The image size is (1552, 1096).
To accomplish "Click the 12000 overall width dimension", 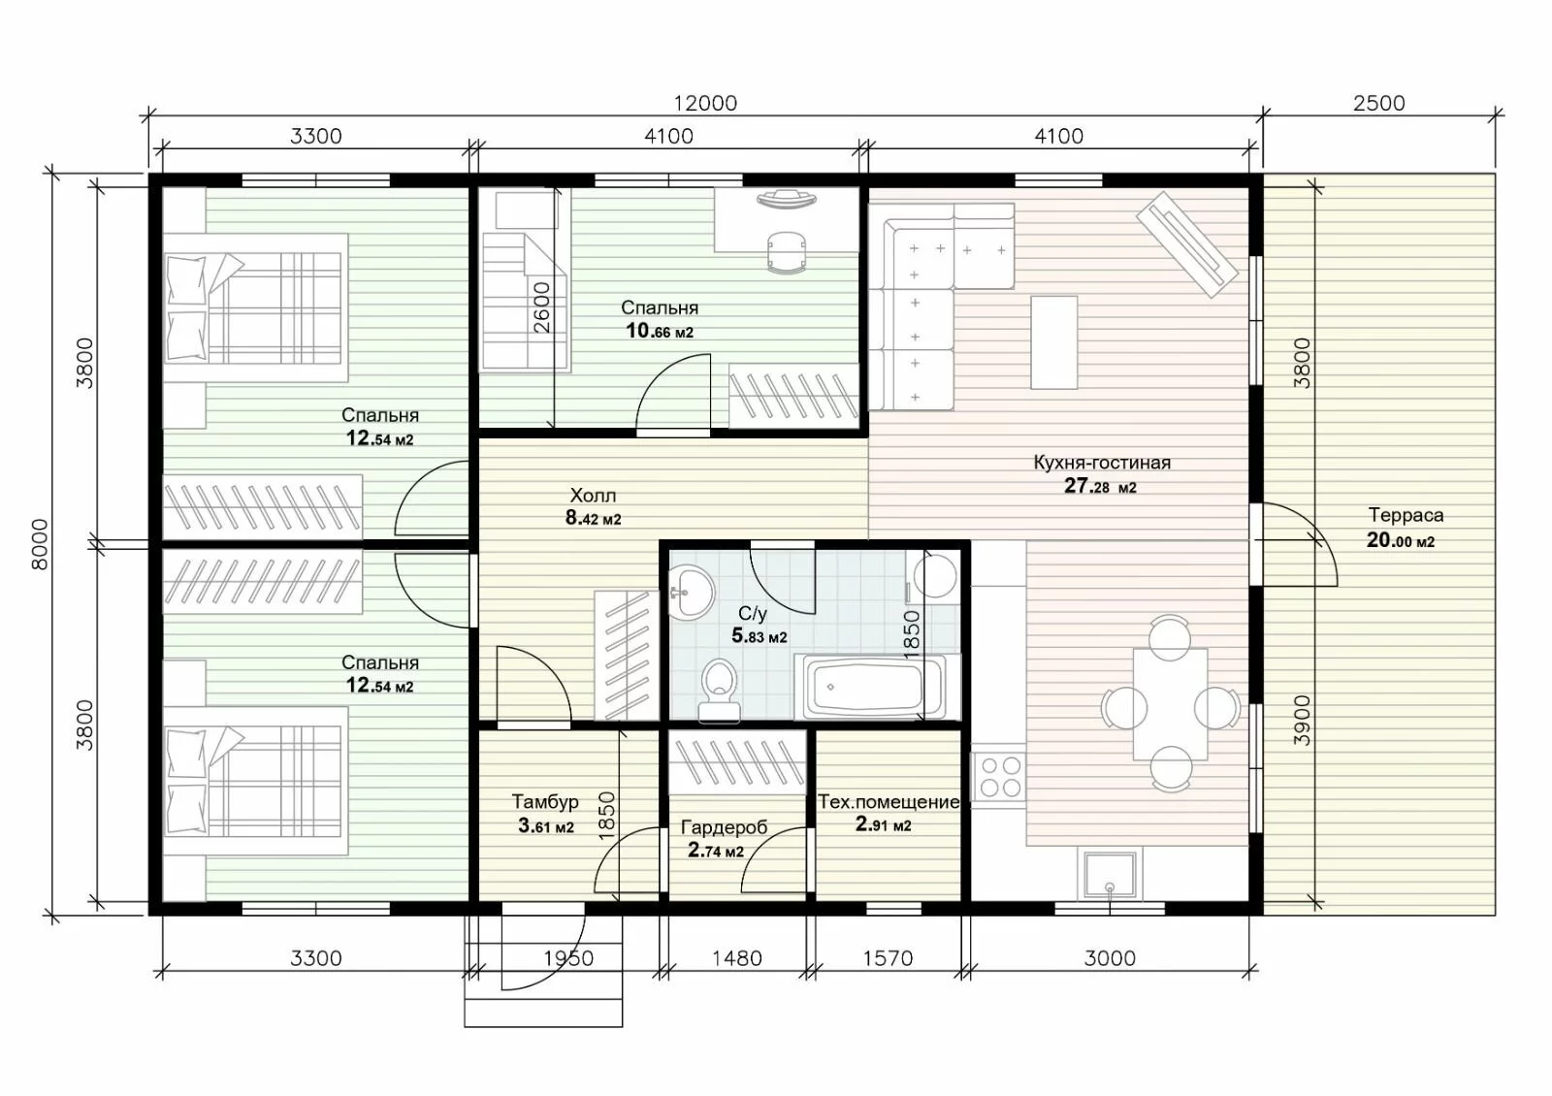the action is pos(705,103).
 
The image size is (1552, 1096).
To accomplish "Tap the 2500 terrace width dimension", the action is pos(1378,103).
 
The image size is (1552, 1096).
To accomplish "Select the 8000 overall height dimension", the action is pos(41,544).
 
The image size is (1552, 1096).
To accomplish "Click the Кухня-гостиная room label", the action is pos(1102,462).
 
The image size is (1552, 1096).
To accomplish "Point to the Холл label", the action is pos(593,496).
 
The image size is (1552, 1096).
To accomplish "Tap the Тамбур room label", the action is pos(545,801).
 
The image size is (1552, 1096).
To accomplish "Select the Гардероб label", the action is pos(724,827).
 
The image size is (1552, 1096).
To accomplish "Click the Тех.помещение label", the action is pos(889,801).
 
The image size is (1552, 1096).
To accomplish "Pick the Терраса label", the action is pos(1406,515).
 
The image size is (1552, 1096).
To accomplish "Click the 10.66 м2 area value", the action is pos(660,331).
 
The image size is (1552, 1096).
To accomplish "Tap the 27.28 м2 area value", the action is pos(1100,486).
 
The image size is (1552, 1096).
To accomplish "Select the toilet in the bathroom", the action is pos(719,691).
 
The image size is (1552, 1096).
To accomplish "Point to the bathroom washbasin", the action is pos(691,592).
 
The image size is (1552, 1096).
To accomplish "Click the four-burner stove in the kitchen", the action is pos(998,776).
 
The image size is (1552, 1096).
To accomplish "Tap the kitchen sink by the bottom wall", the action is pos(1110,875).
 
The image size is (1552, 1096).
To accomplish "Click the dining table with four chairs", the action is pos(1170,703).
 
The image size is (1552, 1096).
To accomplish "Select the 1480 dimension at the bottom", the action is pos(737,958).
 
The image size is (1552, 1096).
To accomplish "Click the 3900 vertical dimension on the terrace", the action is pos(1303,721).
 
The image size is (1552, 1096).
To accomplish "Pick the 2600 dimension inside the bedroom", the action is pos(542,306).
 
